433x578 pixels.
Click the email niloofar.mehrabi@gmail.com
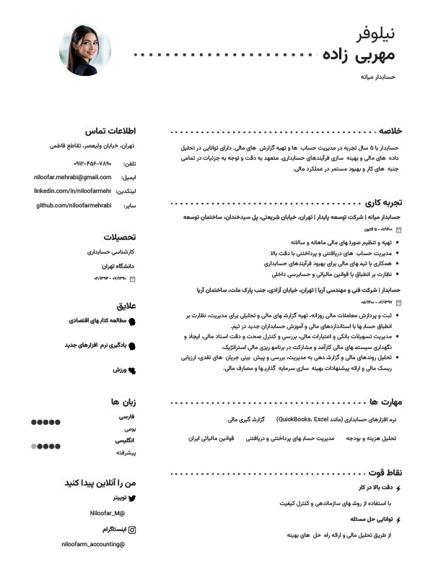point(73,177)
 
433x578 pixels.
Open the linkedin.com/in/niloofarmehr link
point(73,191)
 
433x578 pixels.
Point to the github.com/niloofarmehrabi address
point(74,205)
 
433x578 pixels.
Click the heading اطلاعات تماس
point(111,131)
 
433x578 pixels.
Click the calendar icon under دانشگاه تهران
point(132,278)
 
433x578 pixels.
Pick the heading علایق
point(126,306)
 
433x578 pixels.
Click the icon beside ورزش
point(131,370)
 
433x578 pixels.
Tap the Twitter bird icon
point(131,499)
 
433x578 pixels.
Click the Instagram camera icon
point(131,530)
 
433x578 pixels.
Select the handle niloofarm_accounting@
point(93,544)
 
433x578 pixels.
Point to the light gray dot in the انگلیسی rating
point(34,447)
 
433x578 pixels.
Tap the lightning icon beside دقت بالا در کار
point(398,488)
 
